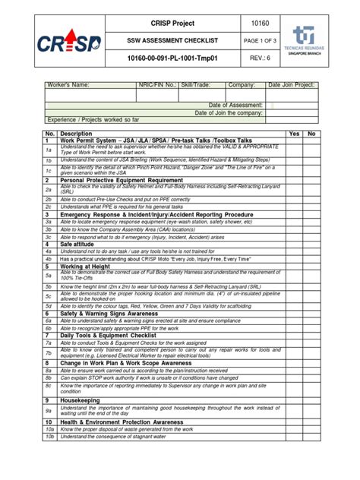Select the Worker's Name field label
pos(72,87)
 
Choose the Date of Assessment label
pos(235,104)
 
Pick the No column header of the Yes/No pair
pos(311,134)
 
